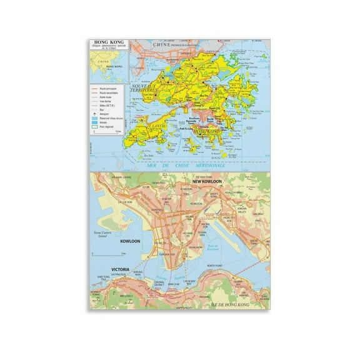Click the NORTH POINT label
click(x=217, y=266)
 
